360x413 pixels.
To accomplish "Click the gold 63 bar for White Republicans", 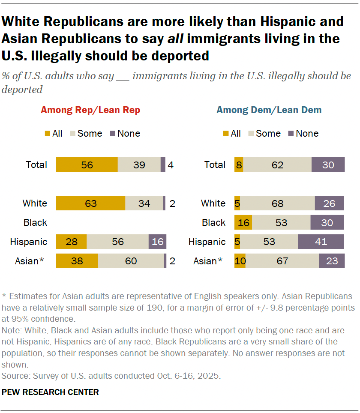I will tap(90, 203).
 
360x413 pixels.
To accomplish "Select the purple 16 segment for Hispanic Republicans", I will tap(157, 242).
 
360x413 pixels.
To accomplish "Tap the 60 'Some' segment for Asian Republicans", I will tap(131, 261).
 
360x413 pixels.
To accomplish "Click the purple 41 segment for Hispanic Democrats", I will tap(321, 242).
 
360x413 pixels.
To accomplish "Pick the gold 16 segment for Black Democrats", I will tap(243, 222).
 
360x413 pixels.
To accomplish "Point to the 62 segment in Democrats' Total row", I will tap(277, 165).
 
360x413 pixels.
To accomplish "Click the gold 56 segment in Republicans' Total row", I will tap(87, 165).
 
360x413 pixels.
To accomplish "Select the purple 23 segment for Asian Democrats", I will tap(332, 261).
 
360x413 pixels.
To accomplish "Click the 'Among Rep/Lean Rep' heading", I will tap(90, 110).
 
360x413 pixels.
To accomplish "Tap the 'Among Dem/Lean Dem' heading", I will tap(269, 110).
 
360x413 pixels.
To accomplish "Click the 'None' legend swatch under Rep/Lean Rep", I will tap(113, 134).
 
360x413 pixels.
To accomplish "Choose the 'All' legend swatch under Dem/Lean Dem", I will tap(226, 134).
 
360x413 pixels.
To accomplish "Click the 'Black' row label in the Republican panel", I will tap(35, 222).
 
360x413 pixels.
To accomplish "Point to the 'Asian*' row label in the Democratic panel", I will tap(208, 261).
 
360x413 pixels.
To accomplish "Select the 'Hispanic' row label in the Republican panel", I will tap(29, 242).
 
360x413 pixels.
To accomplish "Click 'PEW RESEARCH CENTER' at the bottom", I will tap(51, 392).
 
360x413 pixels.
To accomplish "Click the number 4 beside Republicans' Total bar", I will tap(171, 165).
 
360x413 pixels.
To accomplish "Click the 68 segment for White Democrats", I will tap(277, 203).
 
